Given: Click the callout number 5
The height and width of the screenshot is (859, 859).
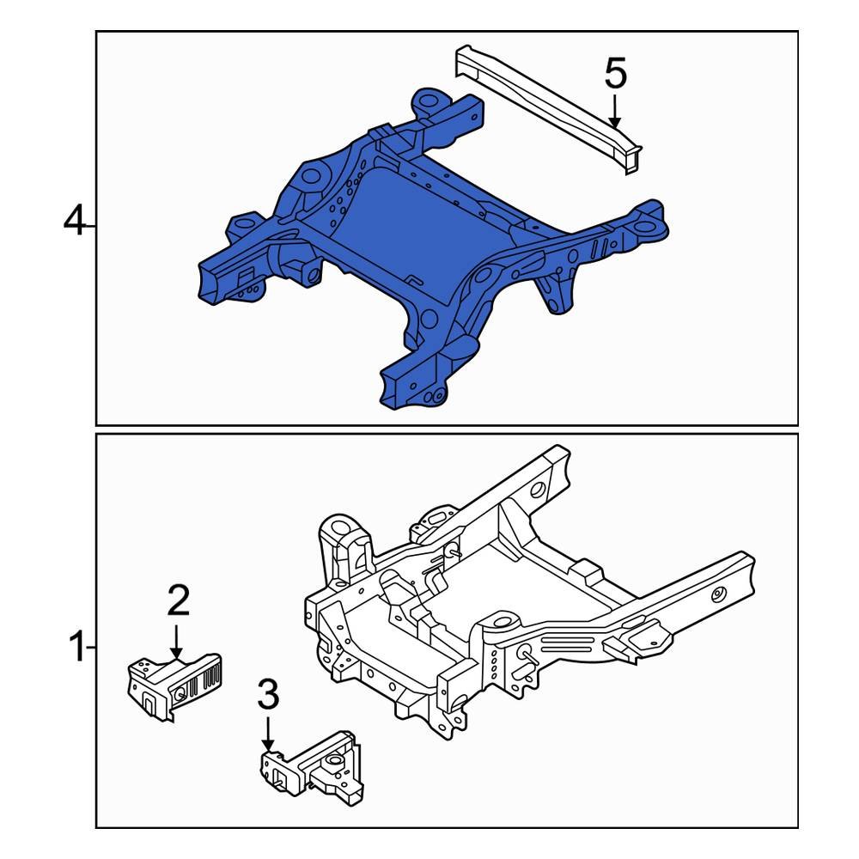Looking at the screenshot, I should [x=615, y=74].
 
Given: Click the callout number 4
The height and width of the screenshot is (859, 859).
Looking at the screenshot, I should [x=76, y=224].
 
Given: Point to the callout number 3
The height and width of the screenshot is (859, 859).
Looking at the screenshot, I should [x=269, y=696].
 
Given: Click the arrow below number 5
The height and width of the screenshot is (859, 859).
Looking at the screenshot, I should [x=615, y=112].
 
